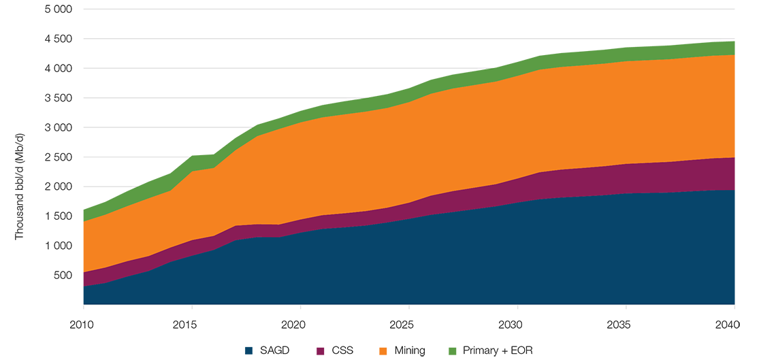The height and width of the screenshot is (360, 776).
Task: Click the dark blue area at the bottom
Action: [x=408, y=265]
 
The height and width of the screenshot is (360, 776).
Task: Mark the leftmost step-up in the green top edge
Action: [x=139, y=179]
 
